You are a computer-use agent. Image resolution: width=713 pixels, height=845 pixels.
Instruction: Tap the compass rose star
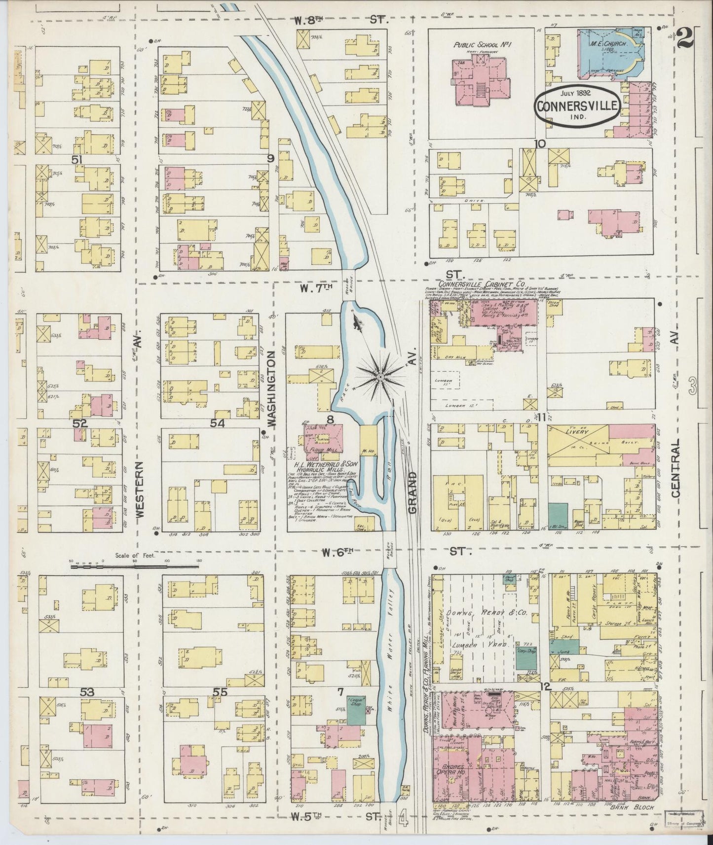[x=380, y=377]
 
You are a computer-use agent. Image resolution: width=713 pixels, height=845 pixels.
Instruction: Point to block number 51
[x=76, y=160]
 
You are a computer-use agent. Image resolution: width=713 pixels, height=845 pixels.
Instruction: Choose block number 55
[x=220, y=692]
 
